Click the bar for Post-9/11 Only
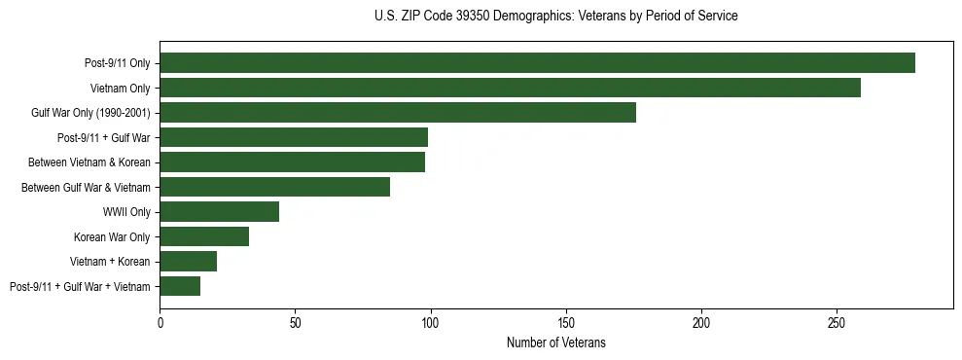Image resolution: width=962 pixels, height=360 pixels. click(x=537, y=63)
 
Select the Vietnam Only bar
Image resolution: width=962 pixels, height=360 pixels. click(x=510, y=88)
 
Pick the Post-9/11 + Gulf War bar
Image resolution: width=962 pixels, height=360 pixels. click(x=294, y=137)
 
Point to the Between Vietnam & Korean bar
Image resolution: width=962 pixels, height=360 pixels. click(x=292, y=162)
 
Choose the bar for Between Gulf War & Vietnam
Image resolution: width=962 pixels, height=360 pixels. click(x=274, y=187)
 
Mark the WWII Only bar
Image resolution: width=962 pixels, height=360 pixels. click(x=219, y=211)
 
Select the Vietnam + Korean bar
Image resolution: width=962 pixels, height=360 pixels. click(x=188, y=261)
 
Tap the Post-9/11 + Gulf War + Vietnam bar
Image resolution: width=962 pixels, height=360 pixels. click(x=180, y=286)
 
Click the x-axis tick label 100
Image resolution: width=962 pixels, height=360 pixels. click(x=431, y=320)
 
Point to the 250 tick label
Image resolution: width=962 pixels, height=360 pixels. click(x=837, y=320)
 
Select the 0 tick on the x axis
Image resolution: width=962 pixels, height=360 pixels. click(x=160, y=320)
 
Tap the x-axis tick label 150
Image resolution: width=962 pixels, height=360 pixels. click(x=566, y=320)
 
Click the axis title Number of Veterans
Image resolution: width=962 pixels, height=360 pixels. click(x=556, y=342)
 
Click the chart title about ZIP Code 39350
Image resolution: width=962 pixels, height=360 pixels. click(x=555, y=17)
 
